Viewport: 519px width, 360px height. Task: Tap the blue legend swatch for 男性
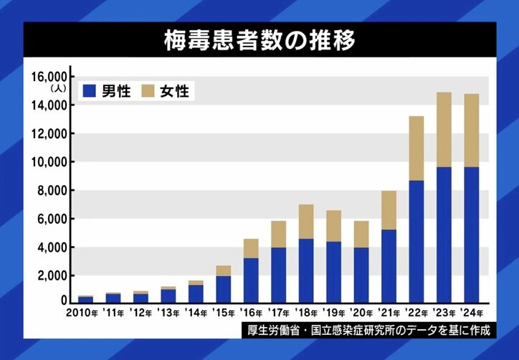pyautogui.click(x=90, y=91)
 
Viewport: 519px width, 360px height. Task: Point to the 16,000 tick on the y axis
pyautogui.click(x=49, y=77)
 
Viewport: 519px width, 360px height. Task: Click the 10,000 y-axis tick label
pyautogui.click(x=49, y=162)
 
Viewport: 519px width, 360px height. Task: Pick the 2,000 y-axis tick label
pyautogui.click(x=52, y=275)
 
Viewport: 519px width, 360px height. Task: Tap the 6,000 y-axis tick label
pyautogui.click(x=52, y=219)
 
